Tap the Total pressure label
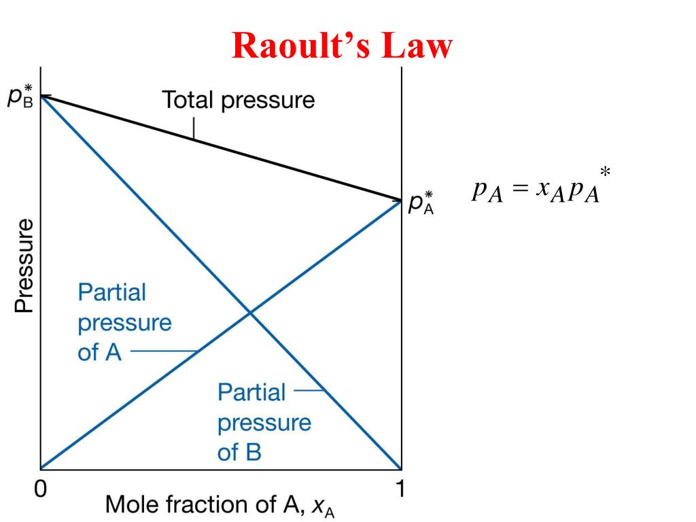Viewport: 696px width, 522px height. coord(238,101)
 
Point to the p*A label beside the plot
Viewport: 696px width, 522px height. coord(421,203)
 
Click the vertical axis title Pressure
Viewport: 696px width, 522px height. coord(24,265)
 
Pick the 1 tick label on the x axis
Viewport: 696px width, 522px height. coord(400,489)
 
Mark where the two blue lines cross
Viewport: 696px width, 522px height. coord(249,312)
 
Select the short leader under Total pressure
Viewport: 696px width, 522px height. coord(194,128)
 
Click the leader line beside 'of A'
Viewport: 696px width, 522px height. coord(163,352)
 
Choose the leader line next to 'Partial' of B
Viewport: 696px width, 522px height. coord(310,391)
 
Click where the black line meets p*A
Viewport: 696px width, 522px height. coord(401,201)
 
